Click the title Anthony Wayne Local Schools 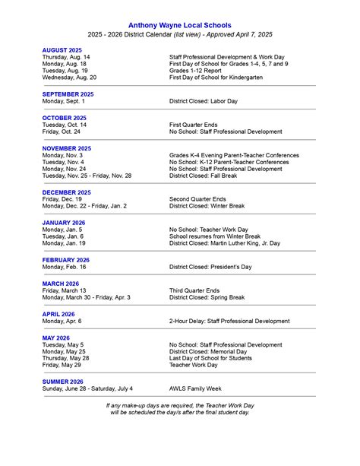coord(179,24)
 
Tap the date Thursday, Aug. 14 coord(66,57)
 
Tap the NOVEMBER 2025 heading coord(67,148)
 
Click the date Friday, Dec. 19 coord(63,199)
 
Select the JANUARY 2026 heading coord(64,223)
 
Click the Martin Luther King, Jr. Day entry coord(225,243)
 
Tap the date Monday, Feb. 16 coord(65,267)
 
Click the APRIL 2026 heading coord(58,314)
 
